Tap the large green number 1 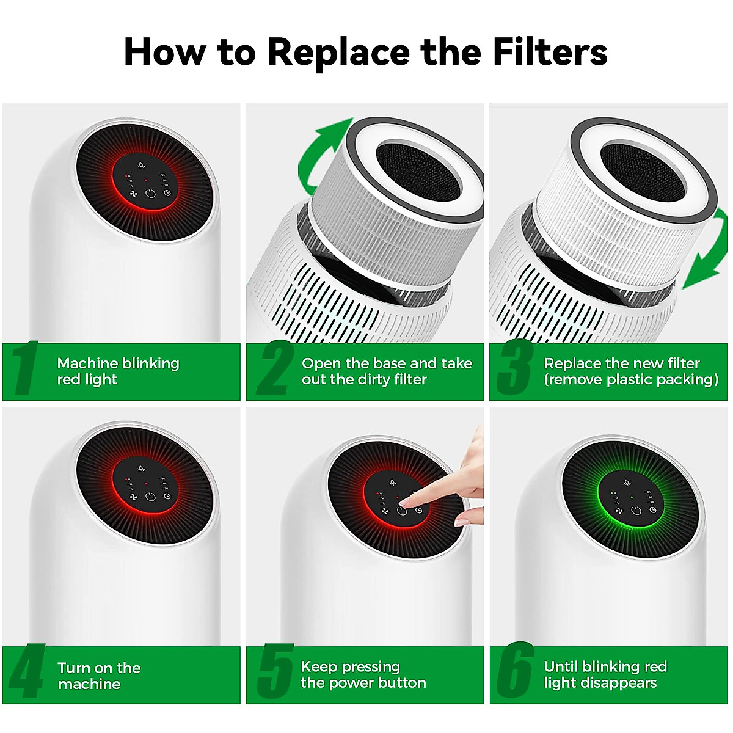pos(25,368)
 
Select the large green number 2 pos(275,368)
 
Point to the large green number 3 pos(515,368)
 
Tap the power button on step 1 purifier pos(151,194)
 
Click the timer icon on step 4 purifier pos(167,496)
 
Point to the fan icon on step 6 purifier pos(619,511)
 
